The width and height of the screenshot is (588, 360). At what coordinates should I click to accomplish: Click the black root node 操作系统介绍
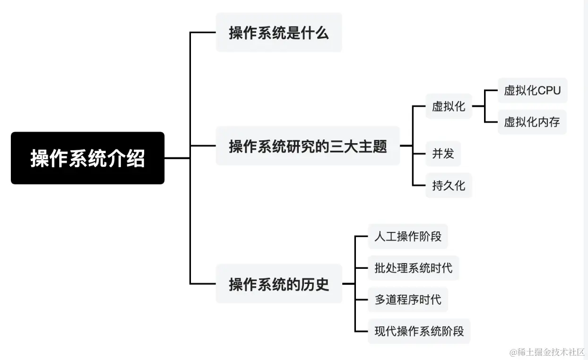(87, 158)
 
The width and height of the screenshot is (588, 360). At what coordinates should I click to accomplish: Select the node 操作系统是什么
(278, 33)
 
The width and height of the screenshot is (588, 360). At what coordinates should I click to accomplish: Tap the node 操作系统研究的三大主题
(308, 146)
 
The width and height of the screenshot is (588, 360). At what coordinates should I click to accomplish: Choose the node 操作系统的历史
(278, 284)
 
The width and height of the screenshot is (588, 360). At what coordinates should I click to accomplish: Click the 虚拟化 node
(449, 106)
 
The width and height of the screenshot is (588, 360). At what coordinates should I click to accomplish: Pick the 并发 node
(442, 154)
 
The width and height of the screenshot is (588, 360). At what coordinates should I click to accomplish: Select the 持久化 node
(449, 185)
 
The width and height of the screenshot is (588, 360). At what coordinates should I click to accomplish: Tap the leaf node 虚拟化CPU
(532, 90)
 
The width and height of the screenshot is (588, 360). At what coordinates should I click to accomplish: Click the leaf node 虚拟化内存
(532, 122)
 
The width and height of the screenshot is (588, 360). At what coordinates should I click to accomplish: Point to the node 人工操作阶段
(407, 236)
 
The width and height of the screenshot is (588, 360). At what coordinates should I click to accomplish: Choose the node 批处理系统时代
(413, 268)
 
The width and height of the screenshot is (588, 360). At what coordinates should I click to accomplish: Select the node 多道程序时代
(407, 300)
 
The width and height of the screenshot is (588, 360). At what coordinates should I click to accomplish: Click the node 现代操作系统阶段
(419, 331)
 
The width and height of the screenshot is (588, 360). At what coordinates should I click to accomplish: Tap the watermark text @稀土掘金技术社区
(547, 352)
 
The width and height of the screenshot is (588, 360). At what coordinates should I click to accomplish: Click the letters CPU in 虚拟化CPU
(549, 90)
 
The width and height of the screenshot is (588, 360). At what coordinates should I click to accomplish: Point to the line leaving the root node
(177, 158)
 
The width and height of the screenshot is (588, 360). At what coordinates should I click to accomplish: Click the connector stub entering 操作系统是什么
(203, 33)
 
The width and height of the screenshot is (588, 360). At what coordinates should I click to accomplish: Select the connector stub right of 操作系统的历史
(348, 284)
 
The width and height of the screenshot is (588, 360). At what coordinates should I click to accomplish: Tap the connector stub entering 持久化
(419, 185)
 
